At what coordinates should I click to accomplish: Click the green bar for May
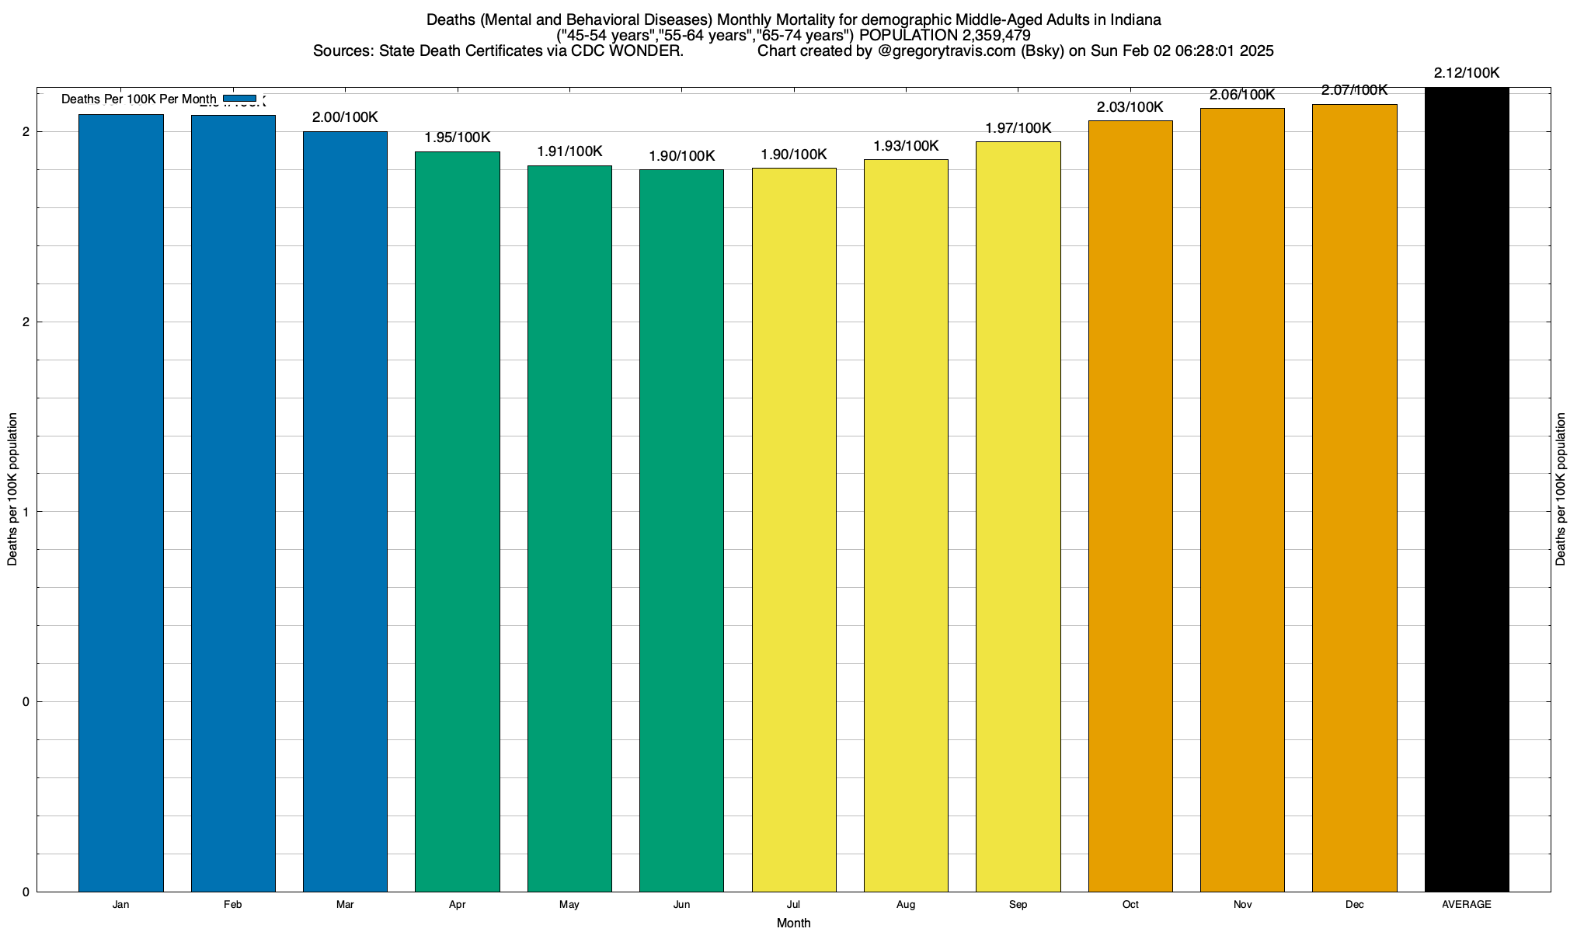[x=569, y=528]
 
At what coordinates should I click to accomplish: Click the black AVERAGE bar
[x=1467, y=489]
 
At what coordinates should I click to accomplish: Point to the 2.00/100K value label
[x=345, y=117]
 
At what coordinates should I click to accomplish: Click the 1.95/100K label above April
[x=458, y=137]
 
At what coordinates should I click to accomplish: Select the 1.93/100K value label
[x=906, y=146]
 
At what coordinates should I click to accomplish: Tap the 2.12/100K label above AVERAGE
[x=1467, y=73]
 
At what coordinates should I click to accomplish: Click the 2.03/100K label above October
[x=1130, y=107]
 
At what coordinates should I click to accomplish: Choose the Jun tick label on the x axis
[x=681, y=905]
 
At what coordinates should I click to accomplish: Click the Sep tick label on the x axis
[x=1018, y=905]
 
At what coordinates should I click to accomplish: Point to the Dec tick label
[x=1355, y=905]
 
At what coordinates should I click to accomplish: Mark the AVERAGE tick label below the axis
[x=1467, y=905]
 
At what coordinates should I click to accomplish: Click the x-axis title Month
[x=793, y=923]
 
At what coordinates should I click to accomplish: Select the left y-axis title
[x=12, y=489]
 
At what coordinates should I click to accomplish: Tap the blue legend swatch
[x=239, y=99]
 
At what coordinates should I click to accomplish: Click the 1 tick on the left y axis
[x=26, y=512]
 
